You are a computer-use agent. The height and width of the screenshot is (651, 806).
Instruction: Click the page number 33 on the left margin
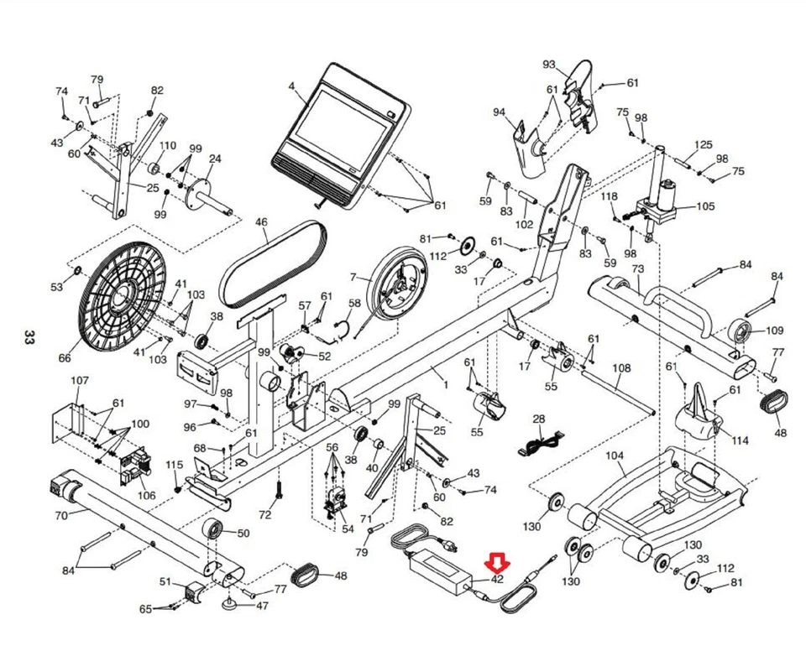point(29,338)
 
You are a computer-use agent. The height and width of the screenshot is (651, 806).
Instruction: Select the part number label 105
point(705,206)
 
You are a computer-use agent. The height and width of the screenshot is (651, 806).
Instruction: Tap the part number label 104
point(615,456)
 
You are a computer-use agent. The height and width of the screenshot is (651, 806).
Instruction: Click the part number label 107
point(79,381)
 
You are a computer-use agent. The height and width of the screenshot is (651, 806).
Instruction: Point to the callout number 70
point(60,515)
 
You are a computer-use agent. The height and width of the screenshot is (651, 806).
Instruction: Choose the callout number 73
point(638,268)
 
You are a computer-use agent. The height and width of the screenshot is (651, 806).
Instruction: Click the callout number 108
point(620,368)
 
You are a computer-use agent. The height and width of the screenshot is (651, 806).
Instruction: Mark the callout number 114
point(740,441)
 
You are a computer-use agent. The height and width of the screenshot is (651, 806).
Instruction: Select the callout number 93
point(549,65)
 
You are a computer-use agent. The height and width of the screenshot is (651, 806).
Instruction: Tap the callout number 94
point(499,112)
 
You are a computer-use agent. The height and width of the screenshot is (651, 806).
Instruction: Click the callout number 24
point(215,159)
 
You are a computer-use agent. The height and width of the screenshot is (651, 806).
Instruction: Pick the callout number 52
point(324,356)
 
